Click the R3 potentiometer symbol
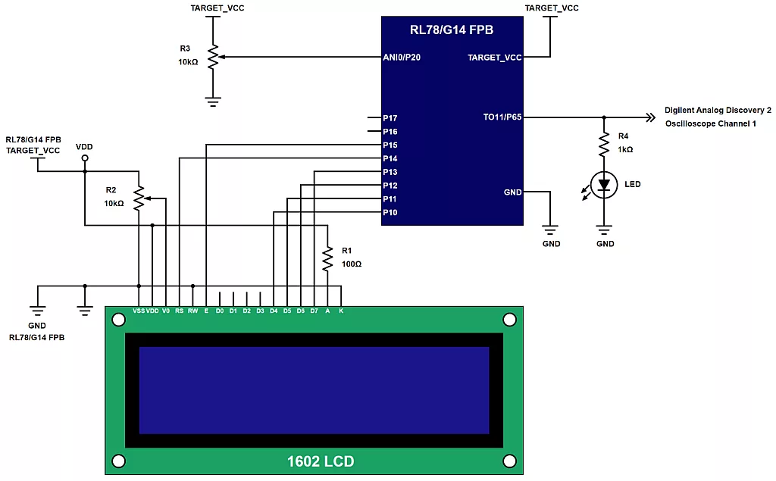[214, 57]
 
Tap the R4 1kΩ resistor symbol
[604, 143]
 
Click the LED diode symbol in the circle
[604, 185]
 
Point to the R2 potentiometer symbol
[139, 197]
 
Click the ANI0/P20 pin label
[401, 57]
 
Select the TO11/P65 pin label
[502, 117]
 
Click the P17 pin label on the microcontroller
[390, 118]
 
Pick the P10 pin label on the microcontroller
[390, 213]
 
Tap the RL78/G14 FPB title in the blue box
[452, 30]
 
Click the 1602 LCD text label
[320, 461]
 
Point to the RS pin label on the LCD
[179, 311]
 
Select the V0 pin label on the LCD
[165, 311]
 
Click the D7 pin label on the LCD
[314, 311]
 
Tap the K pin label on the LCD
[341, 311]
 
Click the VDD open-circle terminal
[84, 158]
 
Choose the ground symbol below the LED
[604, 230]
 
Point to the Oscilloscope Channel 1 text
[710, 123]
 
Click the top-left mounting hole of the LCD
[118, 320]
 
